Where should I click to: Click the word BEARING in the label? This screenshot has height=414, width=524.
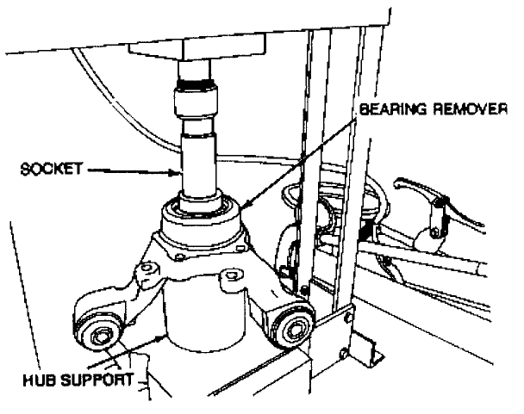385,110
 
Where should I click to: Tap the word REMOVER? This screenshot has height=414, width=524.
471,110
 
